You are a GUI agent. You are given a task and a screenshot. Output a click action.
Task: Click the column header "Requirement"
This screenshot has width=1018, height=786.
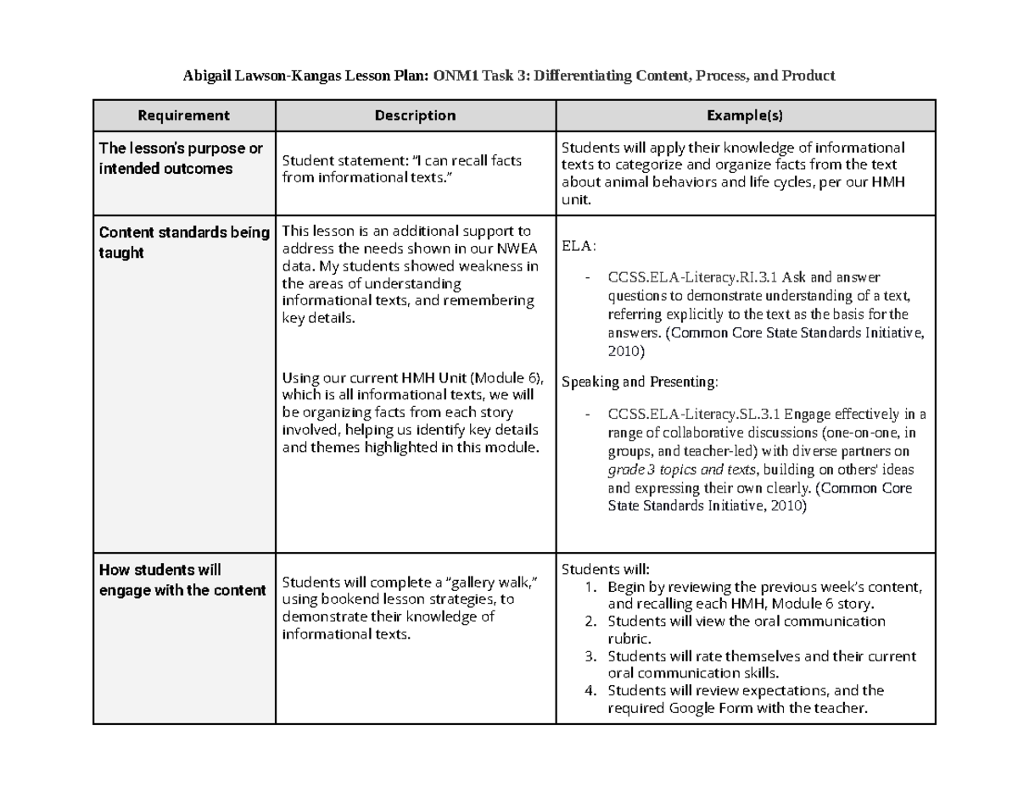pyautogui.click(x=183, y=115)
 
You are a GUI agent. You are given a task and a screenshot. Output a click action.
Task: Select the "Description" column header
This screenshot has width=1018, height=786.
pyautogui.click(x=415, y=115)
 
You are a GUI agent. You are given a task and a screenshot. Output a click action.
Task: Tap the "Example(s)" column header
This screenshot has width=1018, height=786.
pyautogui.click(x=745, y=115)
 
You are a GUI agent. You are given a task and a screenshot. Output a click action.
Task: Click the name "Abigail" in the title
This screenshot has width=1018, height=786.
pyautogui.click(x=209, y=75)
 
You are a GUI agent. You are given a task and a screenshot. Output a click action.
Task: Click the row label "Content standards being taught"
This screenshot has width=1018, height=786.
pyautogui.click(x=183, y=242)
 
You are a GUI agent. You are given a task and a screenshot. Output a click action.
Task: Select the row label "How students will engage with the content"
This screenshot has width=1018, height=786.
pyautogui.click(x=182, y=580)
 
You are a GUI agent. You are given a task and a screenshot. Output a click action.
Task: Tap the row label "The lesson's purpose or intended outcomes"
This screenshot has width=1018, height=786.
pyautogui.click(x=181, y=159)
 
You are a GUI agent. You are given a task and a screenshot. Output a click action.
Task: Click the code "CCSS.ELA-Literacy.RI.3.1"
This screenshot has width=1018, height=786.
pyautogui.click(x=693, y=277)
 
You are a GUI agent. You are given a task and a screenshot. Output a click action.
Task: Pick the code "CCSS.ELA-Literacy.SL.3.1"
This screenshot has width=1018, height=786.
pyautogui.click(x=694, y=415)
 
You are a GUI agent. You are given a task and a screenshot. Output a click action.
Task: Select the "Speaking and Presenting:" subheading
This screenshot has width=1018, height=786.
pyautogui.click(x=640, y=382)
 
